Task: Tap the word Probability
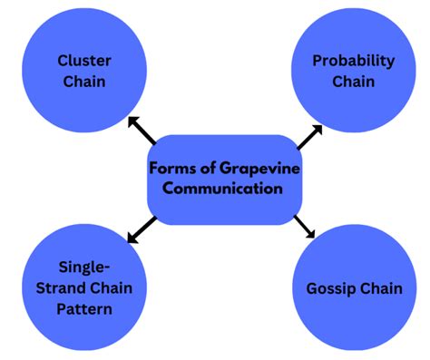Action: pos(353,61)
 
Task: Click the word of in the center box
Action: pos(207,169)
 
